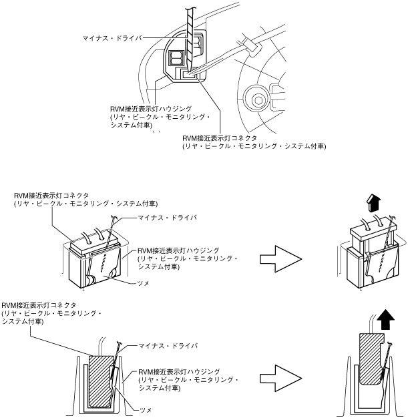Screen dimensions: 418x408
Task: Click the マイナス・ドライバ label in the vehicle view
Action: click(x=112, y=39)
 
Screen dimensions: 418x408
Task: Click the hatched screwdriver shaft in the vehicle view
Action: click(x=190, y=33)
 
